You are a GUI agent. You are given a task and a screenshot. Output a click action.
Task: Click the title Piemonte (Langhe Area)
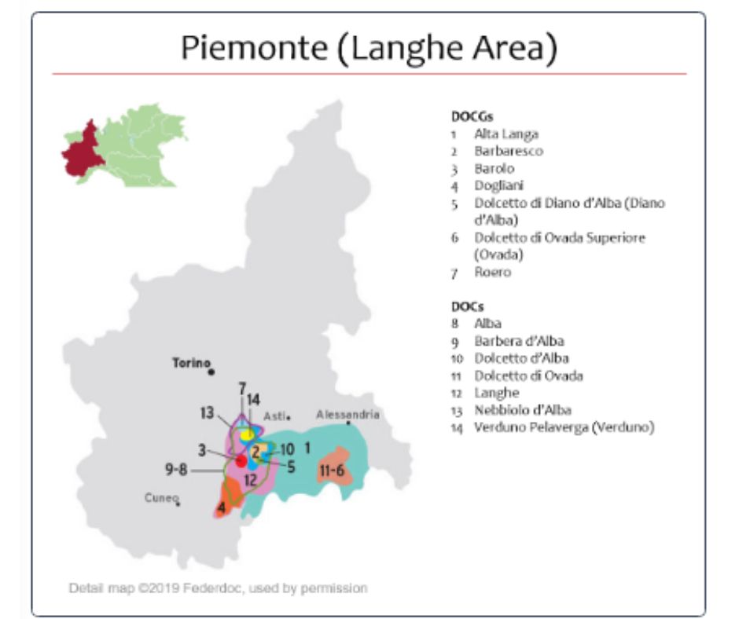pyautogui.click(x=369, y=48)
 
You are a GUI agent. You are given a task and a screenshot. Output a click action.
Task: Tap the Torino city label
pyautogui.click(x=191, y=363)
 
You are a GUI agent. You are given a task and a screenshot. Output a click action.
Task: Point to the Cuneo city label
pyautogui.click(x=160, y=497)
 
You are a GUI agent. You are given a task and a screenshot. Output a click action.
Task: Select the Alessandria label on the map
pyautogui.click(x=347, y=414)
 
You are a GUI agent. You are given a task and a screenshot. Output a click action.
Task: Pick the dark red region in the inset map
pyautogui.click(x=82, y=150)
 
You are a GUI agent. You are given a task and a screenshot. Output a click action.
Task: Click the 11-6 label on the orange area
pyautogui.click(x=332, y=471)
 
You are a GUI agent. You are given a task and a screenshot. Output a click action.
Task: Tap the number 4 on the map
pyautogui.click(x=222, y=507)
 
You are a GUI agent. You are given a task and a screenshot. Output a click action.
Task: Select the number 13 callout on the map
pyautogui.click(x=207, y=412)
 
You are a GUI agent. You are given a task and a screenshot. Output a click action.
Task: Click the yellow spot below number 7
pyautogui.click(x=247, y=434)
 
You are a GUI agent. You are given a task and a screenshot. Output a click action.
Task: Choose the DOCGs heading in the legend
pyautogui.click(x=472, y=116)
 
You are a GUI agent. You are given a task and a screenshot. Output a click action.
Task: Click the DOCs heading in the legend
pyautogui.click(x=467, y=306)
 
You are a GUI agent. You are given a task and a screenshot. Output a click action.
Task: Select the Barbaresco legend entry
pyautogui.click(x=508, y=151)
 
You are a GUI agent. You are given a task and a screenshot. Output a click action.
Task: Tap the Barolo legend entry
pyautogui.click(x=494, y=168)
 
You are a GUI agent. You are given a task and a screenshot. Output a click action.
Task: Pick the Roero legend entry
pyautogui.click(x=492, y=272)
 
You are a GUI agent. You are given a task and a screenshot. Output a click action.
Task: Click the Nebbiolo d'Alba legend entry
pyautogui.click(x=522, y=410)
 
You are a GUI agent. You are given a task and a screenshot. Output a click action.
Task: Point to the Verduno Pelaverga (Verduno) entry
pyautogui.click(x=564, y=427)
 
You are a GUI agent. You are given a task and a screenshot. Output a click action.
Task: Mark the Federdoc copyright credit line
pyautogui.click(x=218, y=588)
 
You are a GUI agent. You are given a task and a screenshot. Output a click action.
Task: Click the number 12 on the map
pyautogui.click(x=250, y=479)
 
